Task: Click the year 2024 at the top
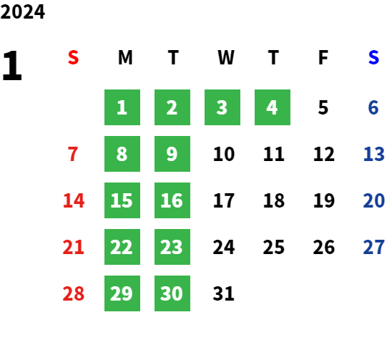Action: [22, 11]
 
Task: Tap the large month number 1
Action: [12, 65]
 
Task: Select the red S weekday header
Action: [73, 57]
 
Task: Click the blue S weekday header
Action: [373, 57]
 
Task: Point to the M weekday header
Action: [125, 57]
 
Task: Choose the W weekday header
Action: [226, 57]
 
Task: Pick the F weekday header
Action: [323, 57]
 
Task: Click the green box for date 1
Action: [122, 107]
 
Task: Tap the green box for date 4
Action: [273, 107]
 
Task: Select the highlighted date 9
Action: [172, 154]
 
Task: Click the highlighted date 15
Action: [122, 200]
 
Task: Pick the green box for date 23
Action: [172, 247]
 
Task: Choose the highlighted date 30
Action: [172, 293]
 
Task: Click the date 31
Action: [224, 293]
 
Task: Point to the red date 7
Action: [73, 154]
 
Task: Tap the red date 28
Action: [74, 293]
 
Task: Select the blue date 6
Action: [373, 107]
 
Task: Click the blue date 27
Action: [374, 247]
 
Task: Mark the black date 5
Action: [323, 107]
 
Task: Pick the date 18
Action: [274, 200]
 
